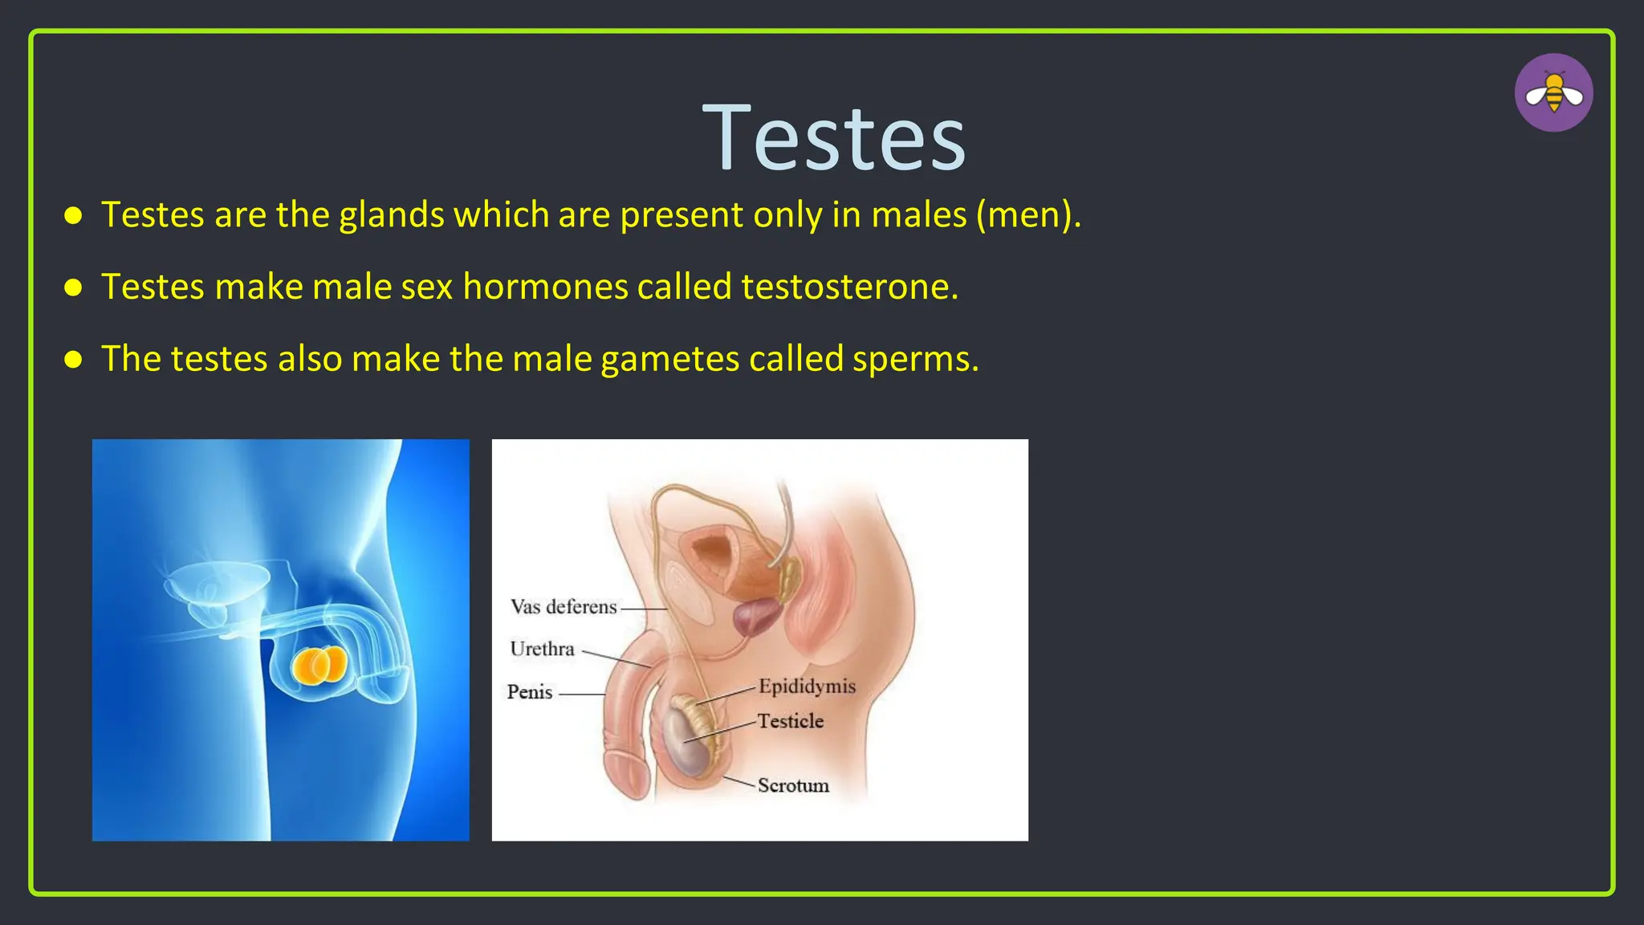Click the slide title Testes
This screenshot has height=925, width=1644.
click(834, 139)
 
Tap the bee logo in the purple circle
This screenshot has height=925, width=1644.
click(1553, 93)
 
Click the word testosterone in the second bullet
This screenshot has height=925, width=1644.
click(849, 287)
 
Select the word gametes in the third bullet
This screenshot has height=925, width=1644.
click(669, 359)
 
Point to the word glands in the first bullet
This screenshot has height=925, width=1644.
click(392, 215)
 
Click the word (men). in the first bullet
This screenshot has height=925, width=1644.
click(1028, 215)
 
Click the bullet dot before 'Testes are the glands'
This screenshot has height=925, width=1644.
click(73, 215)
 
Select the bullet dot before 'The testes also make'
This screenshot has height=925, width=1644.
click(73, 359)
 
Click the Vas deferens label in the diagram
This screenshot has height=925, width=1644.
click(564, 607)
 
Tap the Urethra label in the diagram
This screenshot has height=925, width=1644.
click(542, 649)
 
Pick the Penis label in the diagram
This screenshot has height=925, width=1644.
click(530, 692)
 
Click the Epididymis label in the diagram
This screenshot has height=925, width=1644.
click(807, 687)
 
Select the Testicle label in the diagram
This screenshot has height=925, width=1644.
click(791, 721)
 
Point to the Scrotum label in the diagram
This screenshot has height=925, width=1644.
click(793, 785)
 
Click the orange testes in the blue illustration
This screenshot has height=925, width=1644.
click(319, 666)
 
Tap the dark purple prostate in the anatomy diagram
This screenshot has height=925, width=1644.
click(755, 618)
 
